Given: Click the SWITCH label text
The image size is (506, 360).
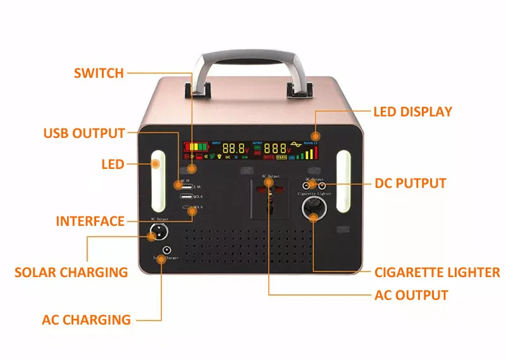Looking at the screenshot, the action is point(99,73).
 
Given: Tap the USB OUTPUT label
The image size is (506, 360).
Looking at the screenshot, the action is point(84,133).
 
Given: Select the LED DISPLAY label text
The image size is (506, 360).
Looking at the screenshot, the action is point(412,112).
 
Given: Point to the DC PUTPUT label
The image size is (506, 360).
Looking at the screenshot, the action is point(410,183).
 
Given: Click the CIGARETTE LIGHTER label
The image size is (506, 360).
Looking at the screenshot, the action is point(437,273).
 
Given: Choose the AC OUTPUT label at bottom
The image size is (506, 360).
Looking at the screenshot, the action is point(411,295).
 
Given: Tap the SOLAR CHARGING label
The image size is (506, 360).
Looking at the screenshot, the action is point(71,273).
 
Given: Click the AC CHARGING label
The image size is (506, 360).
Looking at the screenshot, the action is point(86,320).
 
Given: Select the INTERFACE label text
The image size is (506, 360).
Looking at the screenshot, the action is point(90,221).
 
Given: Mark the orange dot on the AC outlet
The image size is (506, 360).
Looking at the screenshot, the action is point(269,183).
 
